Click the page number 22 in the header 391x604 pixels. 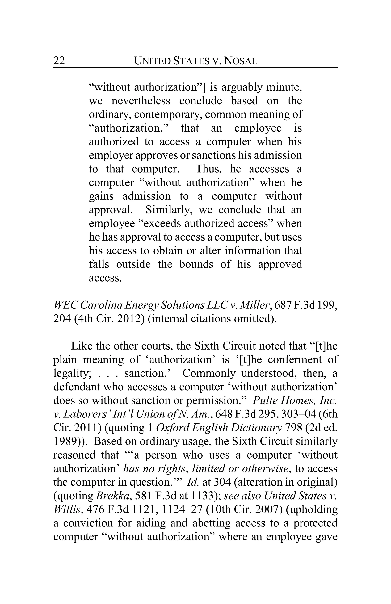59,61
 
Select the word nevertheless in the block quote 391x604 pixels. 141,101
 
